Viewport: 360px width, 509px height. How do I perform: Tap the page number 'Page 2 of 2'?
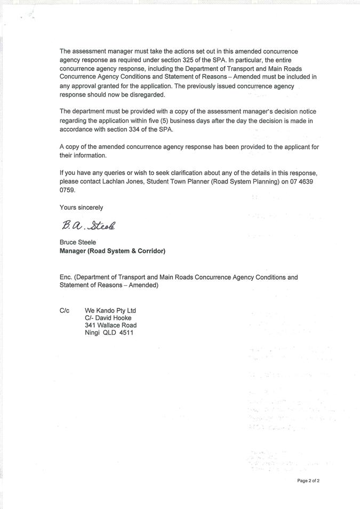click(308, 481)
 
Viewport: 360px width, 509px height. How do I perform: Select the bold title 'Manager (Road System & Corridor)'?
click(113, 251)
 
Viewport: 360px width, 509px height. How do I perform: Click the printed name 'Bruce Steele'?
click(78, 242)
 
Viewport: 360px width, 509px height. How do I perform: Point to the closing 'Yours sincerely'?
click(82, 208)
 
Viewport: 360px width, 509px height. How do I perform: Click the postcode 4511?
click(126, 333)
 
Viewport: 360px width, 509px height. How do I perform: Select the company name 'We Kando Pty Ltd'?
click(110, 311)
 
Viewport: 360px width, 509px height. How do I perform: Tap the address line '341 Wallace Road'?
click(110, 325)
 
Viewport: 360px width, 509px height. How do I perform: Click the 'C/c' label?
click(65, 311)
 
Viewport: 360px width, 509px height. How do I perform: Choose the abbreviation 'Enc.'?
click(66, 277)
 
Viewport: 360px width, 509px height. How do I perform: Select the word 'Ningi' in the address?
click(93, 333)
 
